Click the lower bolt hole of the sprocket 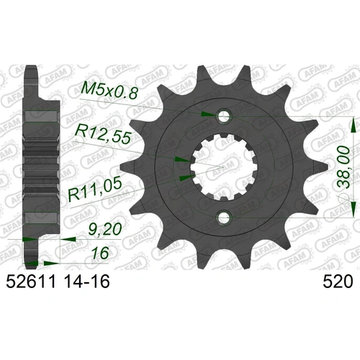point(225,216)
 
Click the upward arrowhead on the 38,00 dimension point(352,125)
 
